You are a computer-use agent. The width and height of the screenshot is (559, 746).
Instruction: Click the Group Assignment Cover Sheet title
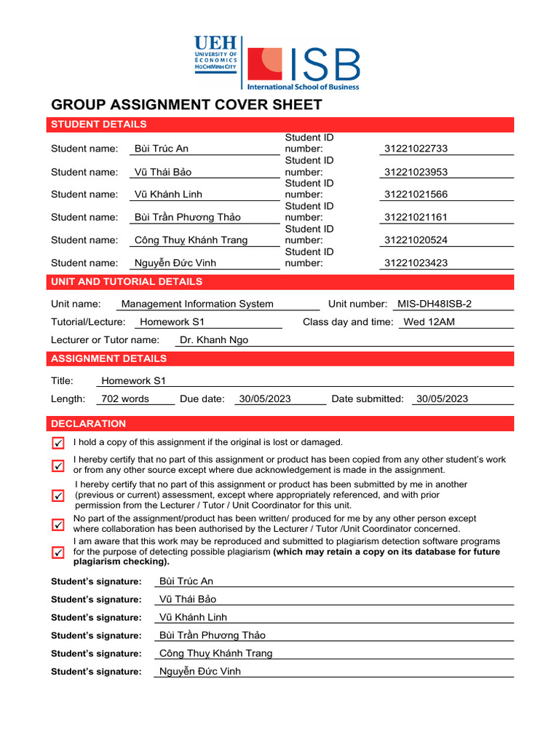click(186, 105)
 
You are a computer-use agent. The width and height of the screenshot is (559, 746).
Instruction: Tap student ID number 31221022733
click(416, 149)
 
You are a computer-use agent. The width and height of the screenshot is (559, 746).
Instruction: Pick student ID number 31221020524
click(416, 240)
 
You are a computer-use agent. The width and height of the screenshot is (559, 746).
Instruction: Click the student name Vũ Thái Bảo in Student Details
click(164, 172)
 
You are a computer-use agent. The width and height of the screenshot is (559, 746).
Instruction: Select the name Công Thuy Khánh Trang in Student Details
click(191, 240)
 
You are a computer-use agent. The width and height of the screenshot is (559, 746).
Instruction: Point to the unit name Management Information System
click(197, 304)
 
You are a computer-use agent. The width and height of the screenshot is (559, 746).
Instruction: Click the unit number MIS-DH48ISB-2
click(439, 304)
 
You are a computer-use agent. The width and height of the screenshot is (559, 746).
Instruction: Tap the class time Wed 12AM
click(429, 322)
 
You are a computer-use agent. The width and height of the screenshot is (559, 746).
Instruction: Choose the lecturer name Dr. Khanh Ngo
click(214, 340)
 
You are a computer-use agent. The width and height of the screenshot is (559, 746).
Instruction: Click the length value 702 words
click(125, 398)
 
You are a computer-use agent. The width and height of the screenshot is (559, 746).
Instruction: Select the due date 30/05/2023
click(265, 398)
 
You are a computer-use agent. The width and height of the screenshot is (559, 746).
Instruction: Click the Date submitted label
click(367, 398)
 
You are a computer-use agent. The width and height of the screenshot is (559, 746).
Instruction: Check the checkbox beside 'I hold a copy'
click(58, 443)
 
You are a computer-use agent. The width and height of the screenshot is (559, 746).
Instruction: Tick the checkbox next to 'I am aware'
click(58, 552)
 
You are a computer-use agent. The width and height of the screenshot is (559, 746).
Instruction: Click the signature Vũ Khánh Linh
click(193, 617)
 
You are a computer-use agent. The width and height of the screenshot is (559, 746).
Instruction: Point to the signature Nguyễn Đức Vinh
click(199, 672)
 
